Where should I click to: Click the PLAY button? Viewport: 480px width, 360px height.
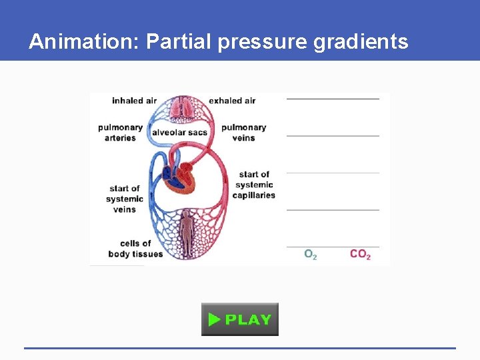(240, 319)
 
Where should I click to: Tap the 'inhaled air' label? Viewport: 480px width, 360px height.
(134, 101)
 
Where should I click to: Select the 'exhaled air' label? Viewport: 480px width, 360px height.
(232, 101)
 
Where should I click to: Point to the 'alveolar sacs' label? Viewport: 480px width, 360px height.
(179, 133)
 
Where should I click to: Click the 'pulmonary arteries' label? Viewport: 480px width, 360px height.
(120, 133)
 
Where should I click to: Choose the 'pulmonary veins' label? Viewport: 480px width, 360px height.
(243, 133)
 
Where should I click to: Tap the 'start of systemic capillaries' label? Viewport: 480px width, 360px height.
(253, 185)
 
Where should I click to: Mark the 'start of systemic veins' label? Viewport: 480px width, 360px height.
(125, 199)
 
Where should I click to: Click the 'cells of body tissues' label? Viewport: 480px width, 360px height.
(135, 249)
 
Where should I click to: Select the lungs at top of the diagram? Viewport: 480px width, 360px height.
(183, 109)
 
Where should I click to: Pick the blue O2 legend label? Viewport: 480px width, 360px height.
(310, 255)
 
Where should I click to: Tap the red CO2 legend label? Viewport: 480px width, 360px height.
(360, 255)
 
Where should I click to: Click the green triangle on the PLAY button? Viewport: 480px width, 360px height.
(214, 319)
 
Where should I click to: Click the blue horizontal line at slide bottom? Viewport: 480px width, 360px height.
(240, 348)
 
